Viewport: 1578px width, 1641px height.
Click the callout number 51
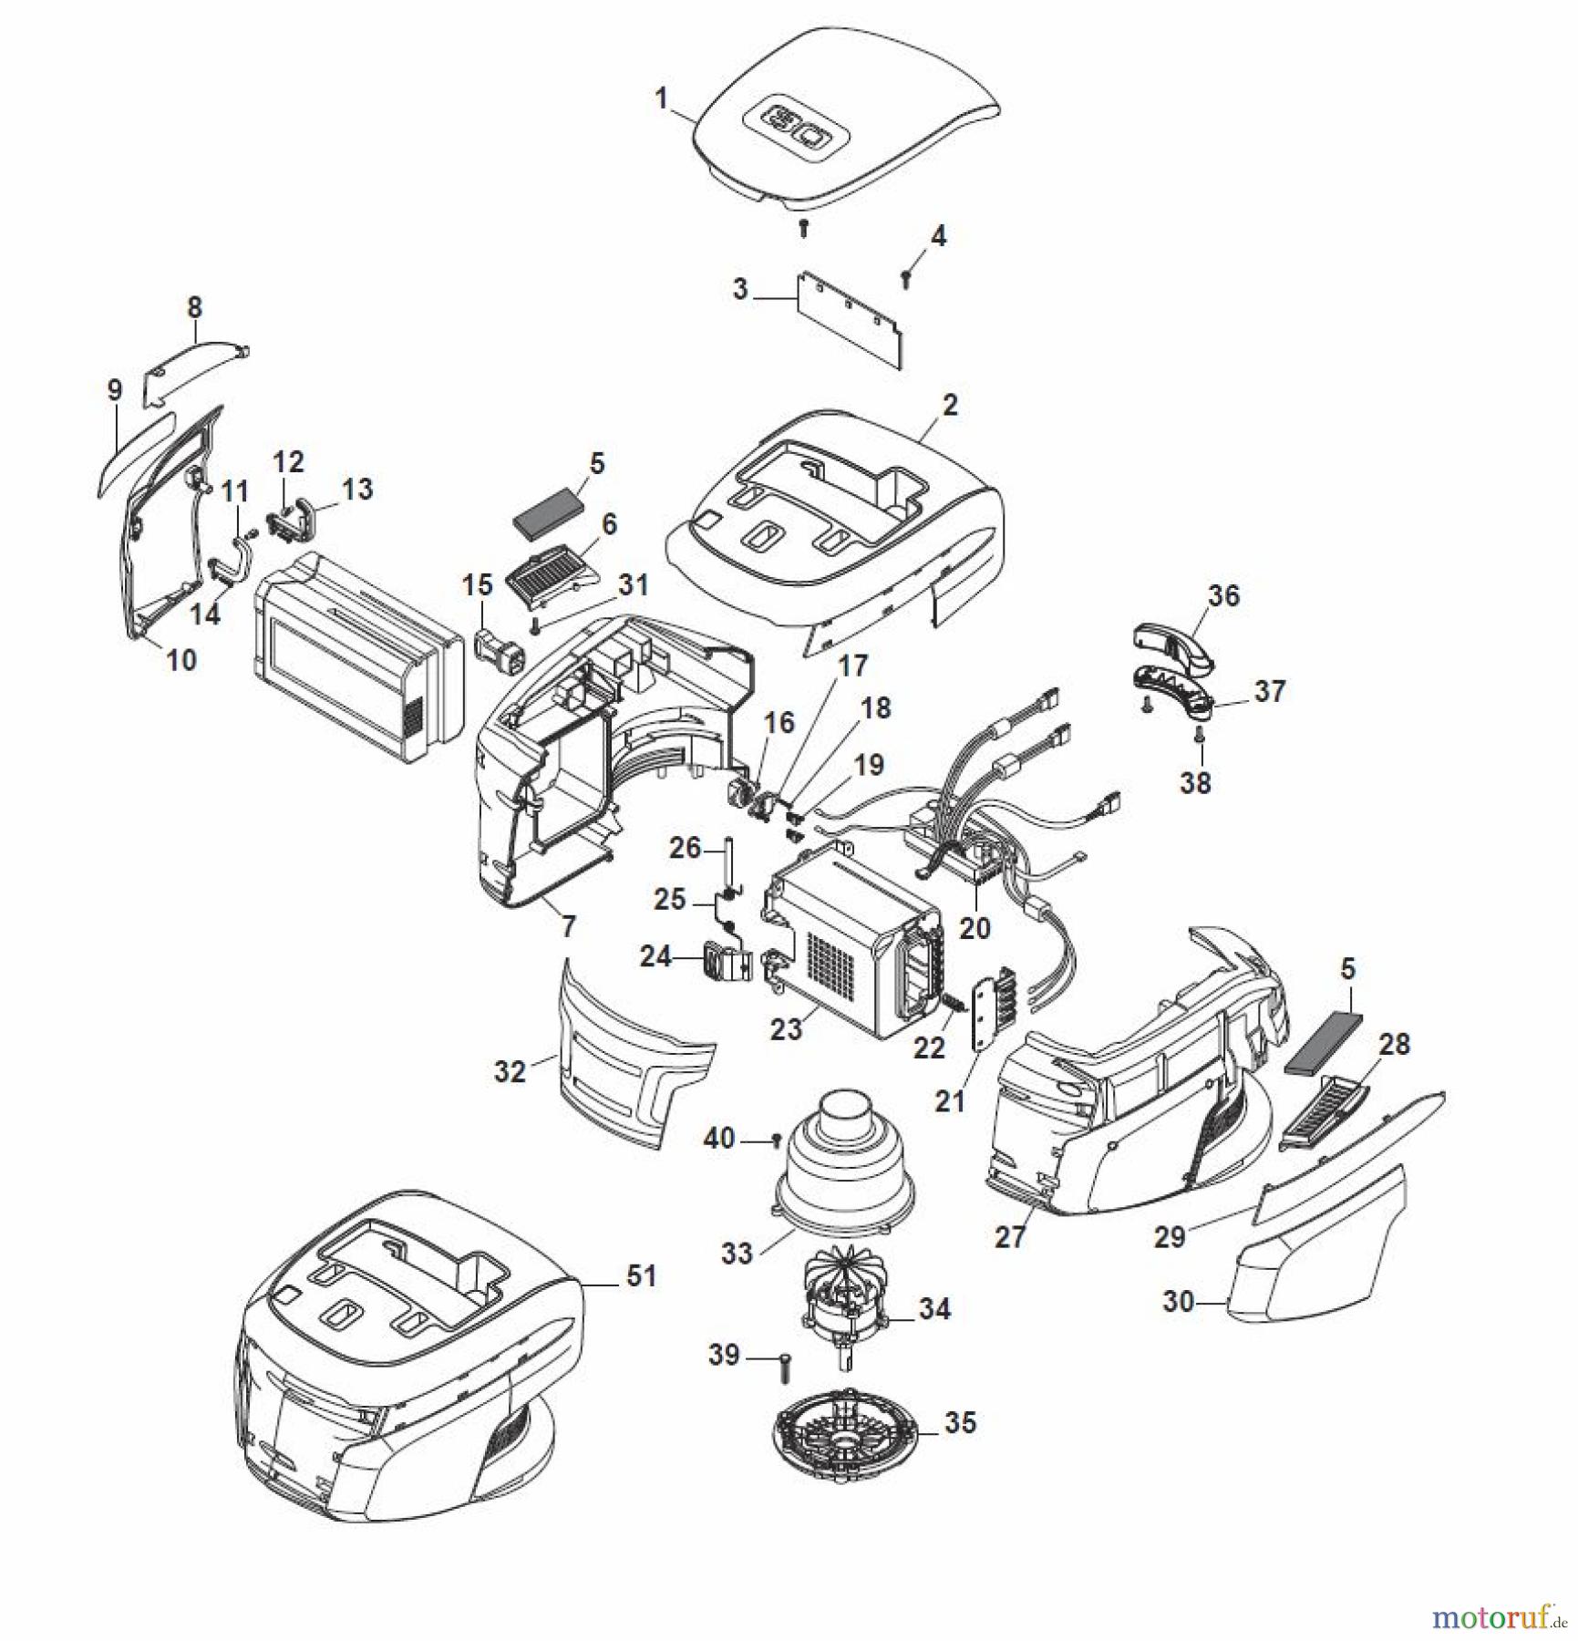(x=642, y=1275)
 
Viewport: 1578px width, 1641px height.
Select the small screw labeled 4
(x=906, y=279)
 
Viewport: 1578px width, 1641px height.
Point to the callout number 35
(x=960, y=1423)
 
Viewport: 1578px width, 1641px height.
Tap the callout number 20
(x=975, y=928)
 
